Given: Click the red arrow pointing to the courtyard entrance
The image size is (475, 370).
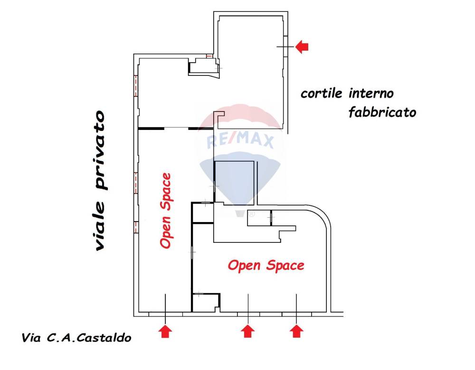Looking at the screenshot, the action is [302, 47].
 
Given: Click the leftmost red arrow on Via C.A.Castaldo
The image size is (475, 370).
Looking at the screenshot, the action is [165, 331].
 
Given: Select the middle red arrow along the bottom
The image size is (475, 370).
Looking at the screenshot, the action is [248, 331].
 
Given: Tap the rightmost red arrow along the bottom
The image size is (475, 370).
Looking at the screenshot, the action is [296, 331].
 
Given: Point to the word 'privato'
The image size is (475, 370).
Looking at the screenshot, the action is [100, 150].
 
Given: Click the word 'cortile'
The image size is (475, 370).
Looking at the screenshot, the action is [322, 93].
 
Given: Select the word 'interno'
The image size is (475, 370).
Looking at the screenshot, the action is [371, 93].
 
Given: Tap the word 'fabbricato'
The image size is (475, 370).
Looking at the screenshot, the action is [382, 112].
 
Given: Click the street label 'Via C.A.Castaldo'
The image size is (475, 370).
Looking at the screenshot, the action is [76, 338].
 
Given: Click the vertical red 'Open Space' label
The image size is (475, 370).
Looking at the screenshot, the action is [166, 211].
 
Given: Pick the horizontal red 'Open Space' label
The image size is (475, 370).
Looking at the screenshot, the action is [266, 266].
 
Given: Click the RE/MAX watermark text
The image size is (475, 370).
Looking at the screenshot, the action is [240, 141].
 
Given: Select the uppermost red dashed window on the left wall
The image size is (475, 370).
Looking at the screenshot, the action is [136, 85].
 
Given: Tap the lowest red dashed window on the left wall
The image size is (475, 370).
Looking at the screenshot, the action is [136, 227].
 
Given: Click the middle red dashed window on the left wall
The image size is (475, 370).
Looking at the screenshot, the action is [136, 183].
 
